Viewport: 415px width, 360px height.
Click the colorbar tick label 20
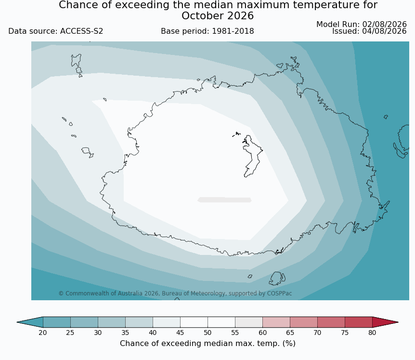[x=43, y=333]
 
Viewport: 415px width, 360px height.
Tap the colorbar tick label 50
[x=207, y=333]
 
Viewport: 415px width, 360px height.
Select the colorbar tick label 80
[x=372, y=333]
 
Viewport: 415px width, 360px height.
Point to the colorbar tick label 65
[x=290, y=333]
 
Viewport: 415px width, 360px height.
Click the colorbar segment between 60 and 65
[x=276, y=322]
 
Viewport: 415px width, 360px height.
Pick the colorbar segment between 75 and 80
[x=359, y=322]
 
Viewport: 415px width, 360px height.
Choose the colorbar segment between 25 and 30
[x=84, y=322]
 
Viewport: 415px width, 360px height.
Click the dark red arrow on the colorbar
[x=385, y=322]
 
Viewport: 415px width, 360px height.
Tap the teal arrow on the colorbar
[x=30, y=322]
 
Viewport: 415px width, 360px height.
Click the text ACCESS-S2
[x=81, y=31]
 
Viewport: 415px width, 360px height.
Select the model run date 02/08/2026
[x=384, y=25]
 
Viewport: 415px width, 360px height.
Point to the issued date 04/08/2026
[x=384, y=31]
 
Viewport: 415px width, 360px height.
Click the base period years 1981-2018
[x=233, y=31]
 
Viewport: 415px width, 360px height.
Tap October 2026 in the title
[x=218, y=16]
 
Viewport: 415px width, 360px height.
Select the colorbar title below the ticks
[x=207, y=343]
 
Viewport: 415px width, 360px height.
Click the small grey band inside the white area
[x=224, y=200]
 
